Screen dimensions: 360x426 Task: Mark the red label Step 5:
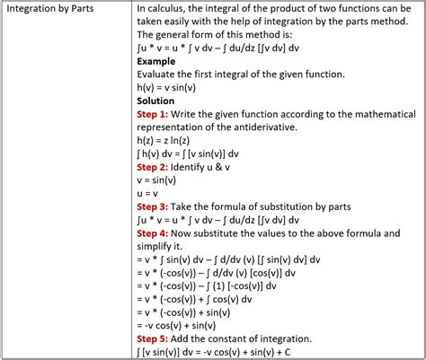point(156,338)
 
